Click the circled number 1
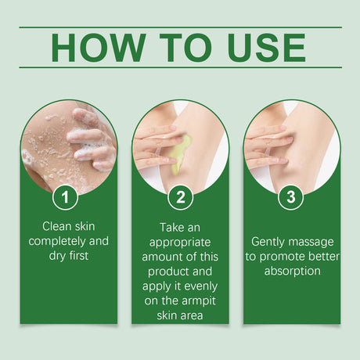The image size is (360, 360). coord(69,196)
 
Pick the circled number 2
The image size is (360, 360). coord(180,196)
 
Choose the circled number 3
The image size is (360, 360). coord(291,196)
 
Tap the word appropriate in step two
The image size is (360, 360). coord(180,241)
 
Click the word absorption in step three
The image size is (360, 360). coord(291,271)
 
